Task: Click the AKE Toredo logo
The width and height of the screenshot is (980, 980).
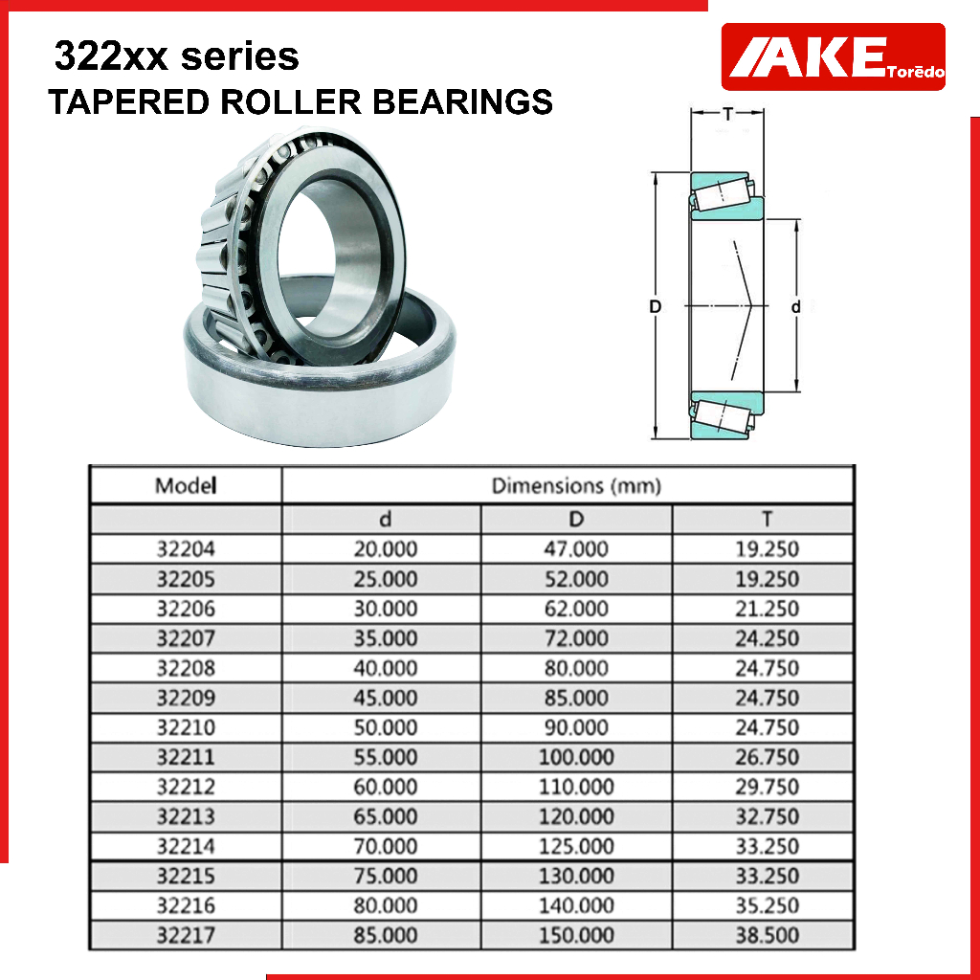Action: [834, 56]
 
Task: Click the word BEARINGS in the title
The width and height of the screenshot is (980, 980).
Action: [462, 101]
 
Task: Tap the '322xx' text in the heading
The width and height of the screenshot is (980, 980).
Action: [111, 56]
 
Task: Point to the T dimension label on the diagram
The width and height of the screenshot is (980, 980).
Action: [727, 114]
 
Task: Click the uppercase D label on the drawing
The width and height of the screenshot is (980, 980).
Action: [655, 307]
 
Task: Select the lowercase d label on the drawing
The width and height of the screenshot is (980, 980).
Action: [795, 307]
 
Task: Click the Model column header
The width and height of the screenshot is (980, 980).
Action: [186, 485]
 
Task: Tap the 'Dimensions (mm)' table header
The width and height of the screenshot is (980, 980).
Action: [576, 485]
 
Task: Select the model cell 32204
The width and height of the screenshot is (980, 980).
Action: [186, 548]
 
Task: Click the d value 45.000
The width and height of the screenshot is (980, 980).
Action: [386, 698]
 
